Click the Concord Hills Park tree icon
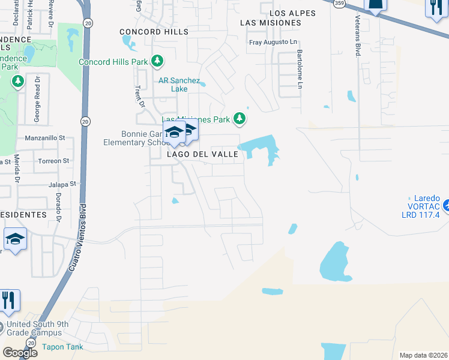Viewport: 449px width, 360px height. pyautogui.click(x=157, y=61)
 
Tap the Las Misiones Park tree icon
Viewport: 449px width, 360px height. pyautogui.click(x=240, y=119)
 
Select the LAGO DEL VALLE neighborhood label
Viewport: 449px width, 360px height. pyautogui.click(x=203, y=154)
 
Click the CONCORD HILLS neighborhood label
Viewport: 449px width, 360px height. pyautogui.click(x=154, y=32)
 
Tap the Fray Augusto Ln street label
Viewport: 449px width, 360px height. pyautogui.click(x=273, y=43)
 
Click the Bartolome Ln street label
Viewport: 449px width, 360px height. pyautogui.click(x=298, y=68)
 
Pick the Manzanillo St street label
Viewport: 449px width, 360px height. pyautogui.click(x=45, y=138)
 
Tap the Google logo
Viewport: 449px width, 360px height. pyautogui.click(x=20, y=353)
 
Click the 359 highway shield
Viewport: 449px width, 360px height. pyautogui.click(x=339, y=2)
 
